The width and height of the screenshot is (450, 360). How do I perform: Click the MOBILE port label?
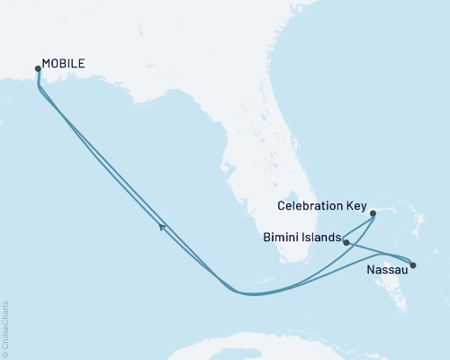[x=65, y=65]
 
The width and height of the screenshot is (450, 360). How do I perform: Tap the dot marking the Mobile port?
[x=37, y=68]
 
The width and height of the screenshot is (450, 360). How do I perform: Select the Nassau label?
[x=386, y=269]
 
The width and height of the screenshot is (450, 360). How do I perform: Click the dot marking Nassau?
[x=413, y=265]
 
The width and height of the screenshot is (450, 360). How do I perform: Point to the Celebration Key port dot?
[x=373, y=213]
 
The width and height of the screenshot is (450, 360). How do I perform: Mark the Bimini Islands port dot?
[x=346, y=242]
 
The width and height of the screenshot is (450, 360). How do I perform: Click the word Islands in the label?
[x=320, y=238]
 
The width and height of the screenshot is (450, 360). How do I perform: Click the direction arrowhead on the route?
[x=163, y=227]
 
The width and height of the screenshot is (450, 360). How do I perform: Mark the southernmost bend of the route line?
[x=247, y=293]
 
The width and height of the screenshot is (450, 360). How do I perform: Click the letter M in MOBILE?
[x=47, y=65]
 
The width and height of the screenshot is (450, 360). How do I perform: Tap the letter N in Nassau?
[x=370, y=269]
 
